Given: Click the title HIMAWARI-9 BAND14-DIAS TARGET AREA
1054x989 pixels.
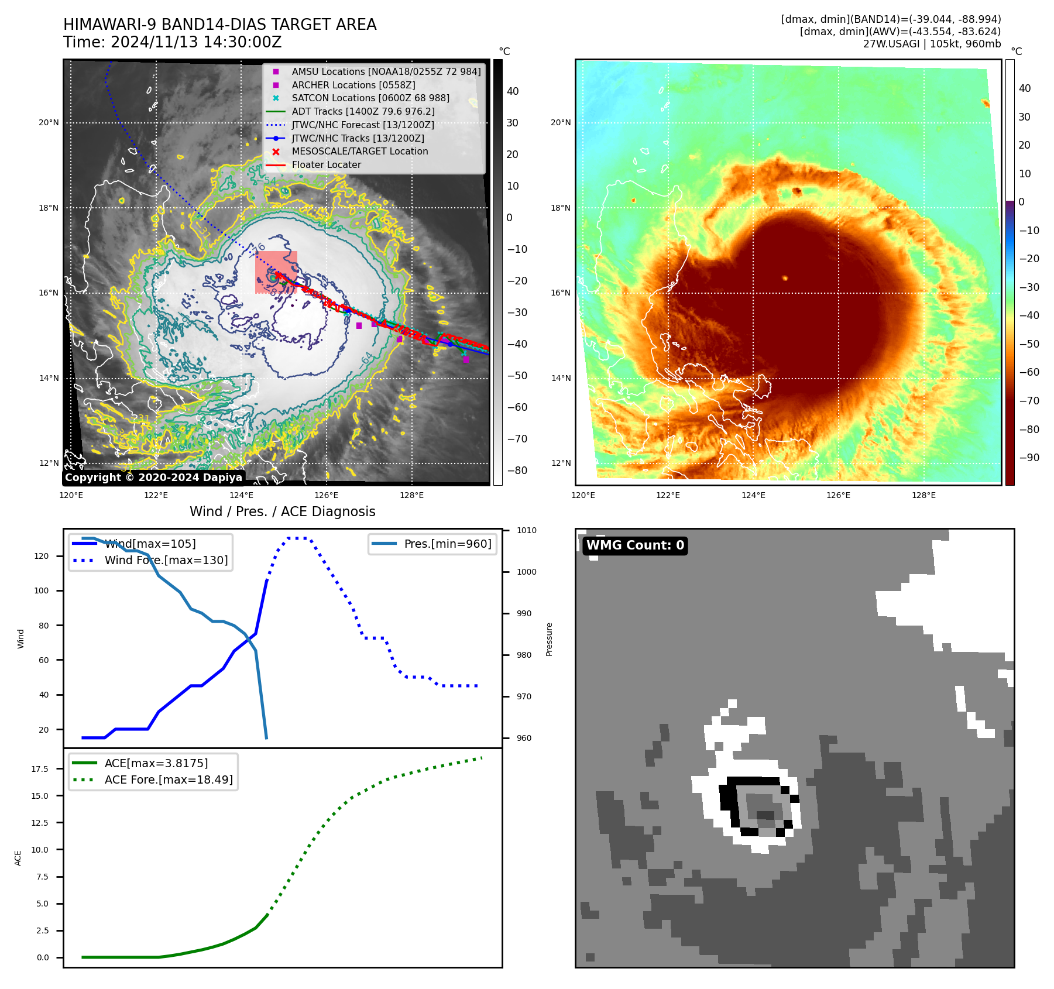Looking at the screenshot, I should [x=219, y=25].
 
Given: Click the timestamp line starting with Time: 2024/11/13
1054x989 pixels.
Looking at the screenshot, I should [x=173, y=43].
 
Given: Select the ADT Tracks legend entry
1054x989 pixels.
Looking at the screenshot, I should [x=363, y=111].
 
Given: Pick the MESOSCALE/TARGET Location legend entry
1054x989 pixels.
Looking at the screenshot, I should [x=360, y=152].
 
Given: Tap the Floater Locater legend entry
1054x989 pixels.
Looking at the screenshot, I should [x=326, y=165].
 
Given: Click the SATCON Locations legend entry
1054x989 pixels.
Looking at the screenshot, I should [x=370, y=98].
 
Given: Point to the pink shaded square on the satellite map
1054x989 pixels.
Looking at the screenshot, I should [x=276, y=272].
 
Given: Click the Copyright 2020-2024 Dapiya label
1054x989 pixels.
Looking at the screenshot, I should [x=153, y=478].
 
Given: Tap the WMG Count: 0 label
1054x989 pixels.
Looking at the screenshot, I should [x=635, y=545].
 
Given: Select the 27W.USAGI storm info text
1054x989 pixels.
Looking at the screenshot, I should [x=932, y=44].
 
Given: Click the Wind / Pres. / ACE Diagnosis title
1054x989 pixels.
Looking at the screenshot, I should [x=282, y=511].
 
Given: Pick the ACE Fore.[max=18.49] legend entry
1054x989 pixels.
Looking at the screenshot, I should [x=169, y=779].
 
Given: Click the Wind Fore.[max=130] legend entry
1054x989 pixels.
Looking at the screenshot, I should [x=166, y=560].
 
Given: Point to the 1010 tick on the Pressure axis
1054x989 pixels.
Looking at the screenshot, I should [x=526, y=531].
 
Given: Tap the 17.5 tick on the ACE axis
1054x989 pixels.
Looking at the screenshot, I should [x=40, y=769].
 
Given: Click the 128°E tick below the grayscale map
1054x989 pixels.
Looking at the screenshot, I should [x=411, y=496].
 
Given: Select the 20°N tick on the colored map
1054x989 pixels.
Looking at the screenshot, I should [x=561, y=123].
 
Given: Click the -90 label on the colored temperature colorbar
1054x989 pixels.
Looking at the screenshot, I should [x=1029, y=458].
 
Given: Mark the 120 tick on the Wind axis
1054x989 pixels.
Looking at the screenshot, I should [x=42, y=556].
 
